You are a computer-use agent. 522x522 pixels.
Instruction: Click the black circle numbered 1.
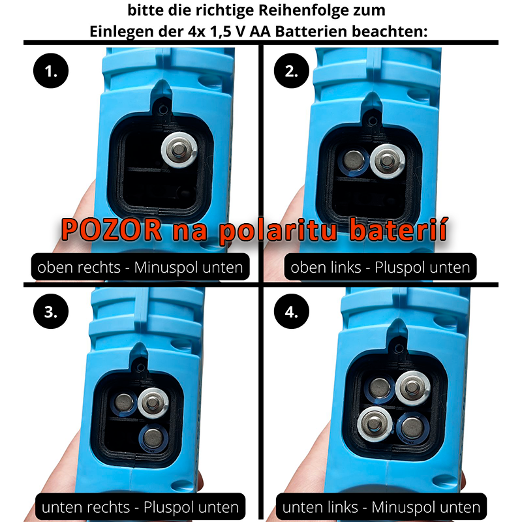(x=51, y=70)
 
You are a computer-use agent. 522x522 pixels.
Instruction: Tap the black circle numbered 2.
(x=291, y=70)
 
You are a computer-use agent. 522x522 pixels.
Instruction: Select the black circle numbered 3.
(x=51, y=311)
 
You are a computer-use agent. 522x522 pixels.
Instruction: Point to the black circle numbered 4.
(x=291, y=311)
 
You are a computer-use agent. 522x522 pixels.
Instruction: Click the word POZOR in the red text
(x=112, y=230)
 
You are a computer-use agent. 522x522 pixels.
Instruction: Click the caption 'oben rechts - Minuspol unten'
(x=140, y=267)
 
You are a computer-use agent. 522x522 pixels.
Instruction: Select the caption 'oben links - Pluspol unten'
(x=380, y=267)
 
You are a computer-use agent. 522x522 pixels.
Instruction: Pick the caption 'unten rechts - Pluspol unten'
(x=140, y=508)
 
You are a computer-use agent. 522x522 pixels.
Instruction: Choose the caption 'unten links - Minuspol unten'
(x=381, y=508)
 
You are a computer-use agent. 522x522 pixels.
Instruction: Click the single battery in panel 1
(x=179, y=150)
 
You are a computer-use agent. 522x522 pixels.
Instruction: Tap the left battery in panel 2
(x=354, y=161)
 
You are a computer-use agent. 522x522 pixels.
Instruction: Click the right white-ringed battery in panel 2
(x=387, y=161)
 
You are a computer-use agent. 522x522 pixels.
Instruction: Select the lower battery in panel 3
(x=153, y=438)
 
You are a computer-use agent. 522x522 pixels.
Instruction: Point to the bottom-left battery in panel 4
(x=375, y=424)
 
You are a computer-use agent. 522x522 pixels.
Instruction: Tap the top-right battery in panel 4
(x=412, y=388)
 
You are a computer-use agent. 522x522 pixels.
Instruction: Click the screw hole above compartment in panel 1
(x=163, y=109)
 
